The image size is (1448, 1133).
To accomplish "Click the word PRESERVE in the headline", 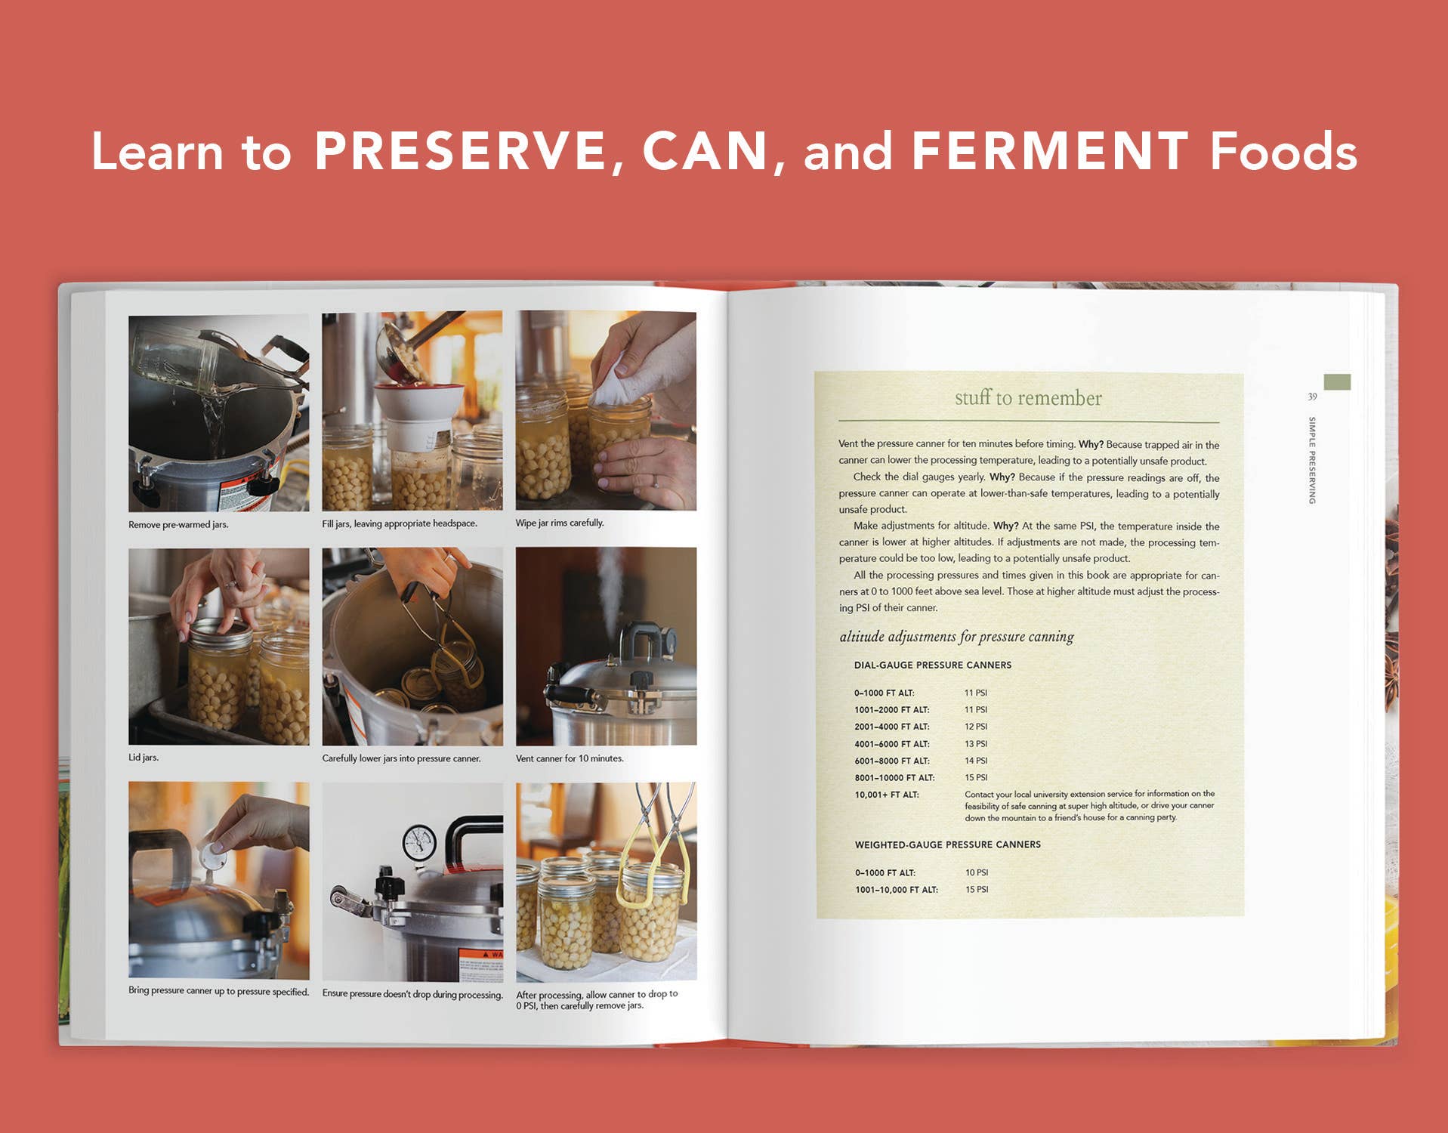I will (460, 151).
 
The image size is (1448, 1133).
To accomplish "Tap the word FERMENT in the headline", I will (1050, 151).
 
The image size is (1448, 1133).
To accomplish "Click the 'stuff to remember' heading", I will (1028, 398).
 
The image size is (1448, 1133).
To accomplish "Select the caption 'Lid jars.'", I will (144, 758).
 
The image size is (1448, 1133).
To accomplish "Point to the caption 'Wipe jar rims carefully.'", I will (560, 523).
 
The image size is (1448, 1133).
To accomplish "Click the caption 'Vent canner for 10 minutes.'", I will (570, 758).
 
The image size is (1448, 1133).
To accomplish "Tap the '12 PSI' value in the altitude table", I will (975, 727).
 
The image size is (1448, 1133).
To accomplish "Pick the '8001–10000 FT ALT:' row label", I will (894, 777).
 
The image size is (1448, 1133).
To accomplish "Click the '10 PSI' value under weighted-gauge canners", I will (976, 872).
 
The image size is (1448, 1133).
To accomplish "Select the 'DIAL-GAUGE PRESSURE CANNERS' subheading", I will (932, 665).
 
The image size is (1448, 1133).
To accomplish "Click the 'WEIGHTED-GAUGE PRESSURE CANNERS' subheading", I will (947, 844).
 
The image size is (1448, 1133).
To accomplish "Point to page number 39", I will (1312, 397).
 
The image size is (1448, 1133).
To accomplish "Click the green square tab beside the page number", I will (1337, 382).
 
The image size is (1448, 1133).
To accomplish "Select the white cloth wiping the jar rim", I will (616, 385).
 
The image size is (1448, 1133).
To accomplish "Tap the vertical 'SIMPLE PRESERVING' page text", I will (1313, 460).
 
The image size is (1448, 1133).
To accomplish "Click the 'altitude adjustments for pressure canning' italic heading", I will (956, 637).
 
